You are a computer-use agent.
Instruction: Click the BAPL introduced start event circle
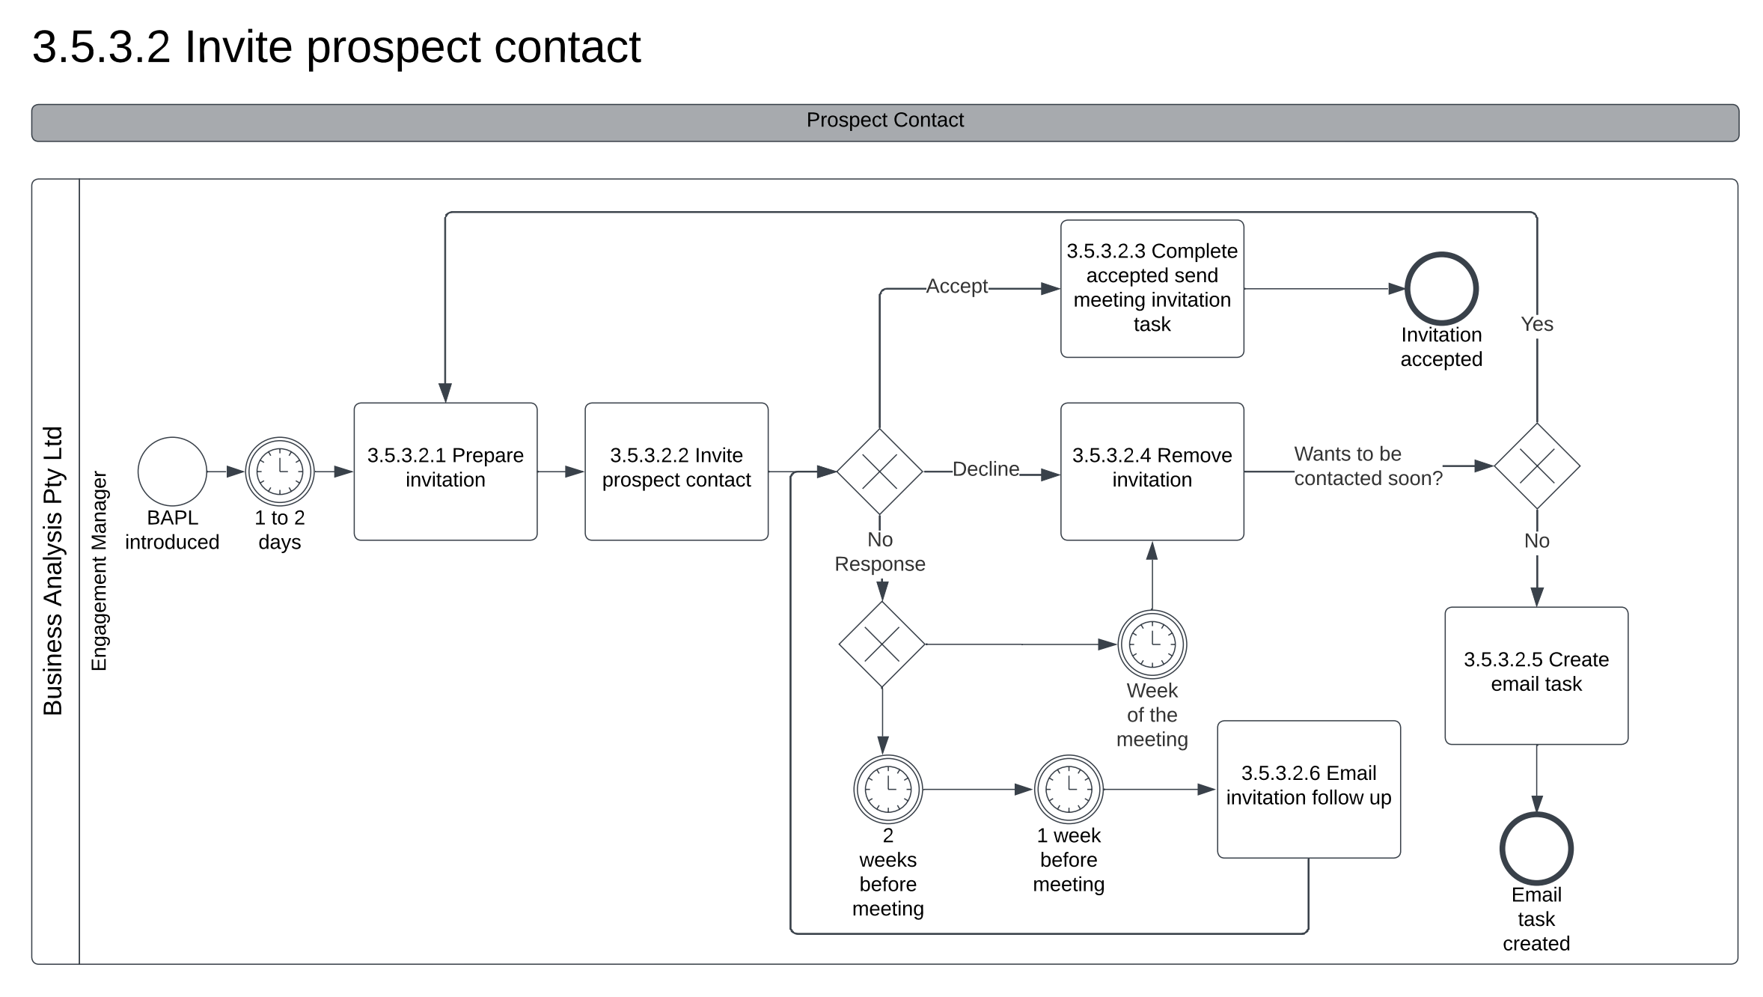(172, 472)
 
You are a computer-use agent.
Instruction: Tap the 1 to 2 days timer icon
(280, 472)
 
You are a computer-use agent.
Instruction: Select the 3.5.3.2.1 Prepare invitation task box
(445, 472)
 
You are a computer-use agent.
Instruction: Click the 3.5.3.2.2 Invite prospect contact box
(676, 472)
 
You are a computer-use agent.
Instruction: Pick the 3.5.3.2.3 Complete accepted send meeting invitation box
(1152, 288)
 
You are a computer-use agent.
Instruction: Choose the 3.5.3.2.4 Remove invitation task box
(1152, 472)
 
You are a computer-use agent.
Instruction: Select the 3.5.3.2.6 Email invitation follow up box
(1308, 789)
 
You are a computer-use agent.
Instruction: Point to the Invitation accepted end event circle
(1441, 289)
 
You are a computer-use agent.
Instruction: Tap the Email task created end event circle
(1536, 849)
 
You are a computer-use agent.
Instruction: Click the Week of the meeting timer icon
(1152, 644)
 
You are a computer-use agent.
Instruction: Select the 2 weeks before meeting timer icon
(888, 789)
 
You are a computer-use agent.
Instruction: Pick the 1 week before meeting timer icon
(1069, 789)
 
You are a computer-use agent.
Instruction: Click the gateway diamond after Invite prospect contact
(879, 472)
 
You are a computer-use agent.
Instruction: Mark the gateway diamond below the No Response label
(882, 644)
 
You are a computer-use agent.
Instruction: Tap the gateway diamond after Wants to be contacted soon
(1537, 466)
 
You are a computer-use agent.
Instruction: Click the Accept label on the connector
(956, 287)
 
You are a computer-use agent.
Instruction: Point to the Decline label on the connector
(986, 469)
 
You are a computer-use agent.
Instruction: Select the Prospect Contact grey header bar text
(884, 121)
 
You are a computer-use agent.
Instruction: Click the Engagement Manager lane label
(100, 570)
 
